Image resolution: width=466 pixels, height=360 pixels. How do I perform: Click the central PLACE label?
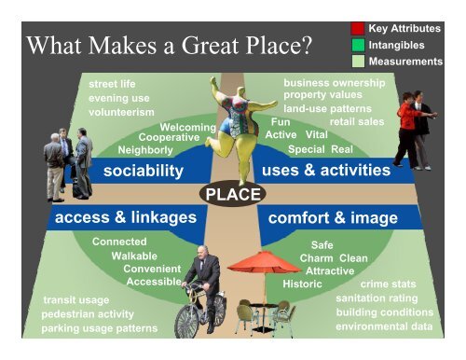[x=233, y=193]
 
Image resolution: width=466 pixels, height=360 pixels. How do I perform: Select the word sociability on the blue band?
[x=143, y=171]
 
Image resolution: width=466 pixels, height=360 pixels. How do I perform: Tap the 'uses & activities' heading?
[x=326, y=171]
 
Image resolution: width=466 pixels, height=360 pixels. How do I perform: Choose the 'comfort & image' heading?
[x=333, y=217]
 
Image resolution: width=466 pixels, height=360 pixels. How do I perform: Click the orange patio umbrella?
[x=264, y=263]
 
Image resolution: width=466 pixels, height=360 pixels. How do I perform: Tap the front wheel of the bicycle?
[x=187, y=320]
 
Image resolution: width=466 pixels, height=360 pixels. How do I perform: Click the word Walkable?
[x=134, y=255]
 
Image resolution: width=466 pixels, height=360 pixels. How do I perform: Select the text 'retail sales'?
[x=357, y=120]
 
